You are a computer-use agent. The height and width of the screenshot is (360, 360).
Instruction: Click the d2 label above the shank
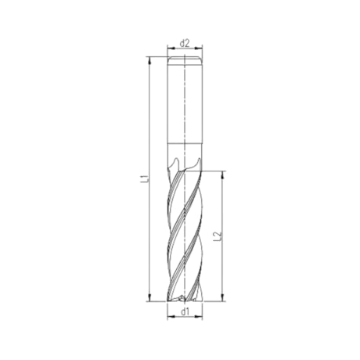pyautogui.click(x=185, y=43)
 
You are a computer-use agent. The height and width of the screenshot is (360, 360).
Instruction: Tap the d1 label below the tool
pyautogui.click(x=185, y=312)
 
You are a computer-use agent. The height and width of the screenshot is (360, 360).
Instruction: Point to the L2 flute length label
pyautogui.click(x=217, y=235)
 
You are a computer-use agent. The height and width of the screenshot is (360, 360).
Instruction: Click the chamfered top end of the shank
pyautogui.click(x=185, y=59)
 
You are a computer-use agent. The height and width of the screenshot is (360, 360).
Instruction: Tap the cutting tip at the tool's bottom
pyautogui.click(x=185, y=298)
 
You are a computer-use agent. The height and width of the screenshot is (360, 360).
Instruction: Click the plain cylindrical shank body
pyautogui.click(x=185, y=102)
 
